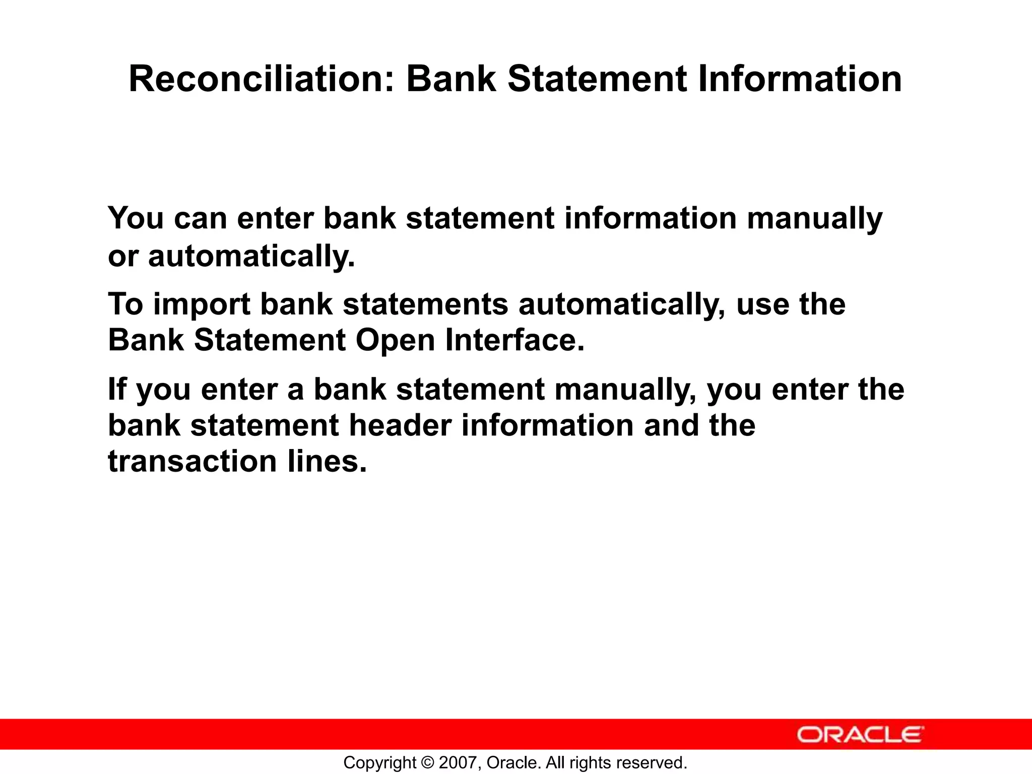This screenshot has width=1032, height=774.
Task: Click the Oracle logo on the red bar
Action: pyautogui.click(x=860, y=735)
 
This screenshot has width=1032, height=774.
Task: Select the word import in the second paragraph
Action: pyautogui.click(x=202, y=305)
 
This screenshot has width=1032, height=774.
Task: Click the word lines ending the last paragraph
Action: pyautogui.click(x=327, y=461)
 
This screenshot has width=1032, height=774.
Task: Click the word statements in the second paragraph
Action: pyautogui.click(x=426, y=305)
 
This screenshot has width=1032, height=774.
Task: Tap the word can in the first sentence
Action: pyautogui.click(x=200, y=219)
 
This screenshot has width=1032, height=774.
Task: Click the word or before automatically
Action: pyautogui.click(x=122, y=257)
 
